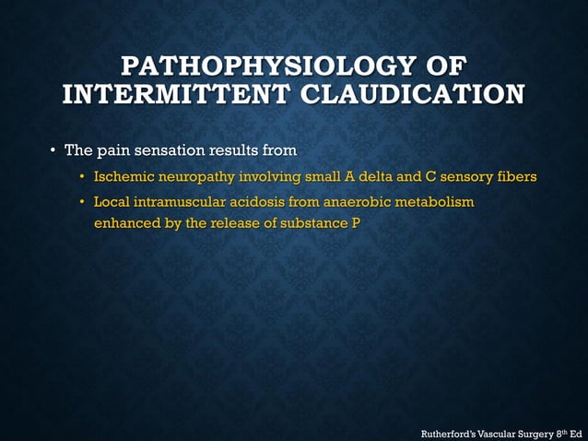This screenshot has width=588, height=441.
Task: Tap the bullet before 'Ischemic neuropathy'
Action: [x=82, y=176]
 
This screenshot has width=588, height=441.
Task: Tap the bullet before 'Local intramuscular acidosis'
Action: [x=82, y=201]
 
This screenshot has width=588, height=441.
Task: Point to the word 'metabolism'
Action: [x=437, y=201]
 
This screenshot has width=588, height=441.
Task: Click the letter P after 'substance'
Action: [x=354, y=223]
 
